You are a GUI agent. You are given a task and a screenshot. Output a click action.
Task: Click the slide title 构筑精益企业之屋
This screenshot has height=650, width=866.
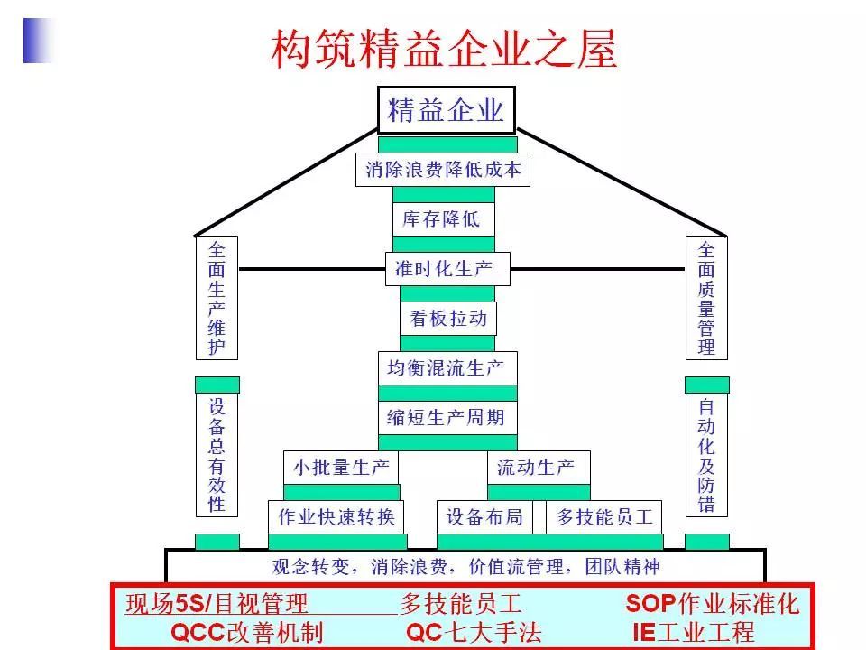pos(445,49)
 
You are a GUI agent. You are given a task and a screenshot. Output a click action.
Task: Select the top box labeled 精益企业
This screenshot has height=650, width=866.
pos(446,110)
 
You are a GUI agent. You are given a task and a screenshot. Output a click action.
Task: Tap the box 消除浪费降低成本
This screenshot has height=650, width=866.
pos(443,169)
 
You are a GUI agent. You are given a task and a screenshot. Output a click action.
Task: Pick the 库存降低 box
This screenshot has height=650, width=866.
pos(442,219)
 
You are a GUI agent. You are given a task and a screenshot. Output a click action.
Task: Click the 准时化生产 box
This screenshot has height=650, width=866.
pos(447,268)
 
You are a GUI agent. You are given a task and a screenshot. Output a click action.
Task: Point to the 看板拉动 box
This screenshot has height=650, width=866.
pos(448,318)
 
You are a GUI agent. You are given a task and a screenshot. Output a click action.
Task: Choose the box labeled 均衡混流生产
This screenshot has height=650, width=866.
pos(447,368)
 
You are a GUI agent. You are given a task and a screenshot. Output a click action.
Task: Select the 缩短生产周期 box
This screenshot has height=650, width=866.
pos(447,418)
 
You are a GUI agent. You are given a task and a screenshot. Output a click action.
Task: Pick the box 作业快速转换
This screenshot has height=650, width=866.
pos(336,517)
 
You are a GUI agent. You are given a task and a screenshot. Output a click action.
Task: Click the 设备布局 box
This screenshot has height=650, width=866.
pos(484,517)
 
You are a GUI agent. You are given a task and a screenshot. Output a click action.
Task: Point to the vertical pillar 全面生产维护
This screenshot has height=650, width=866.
pos(217,298)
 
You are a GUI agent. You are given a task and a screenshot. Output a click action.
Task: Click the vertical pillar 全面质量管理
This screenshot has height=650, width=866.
pos(706,298)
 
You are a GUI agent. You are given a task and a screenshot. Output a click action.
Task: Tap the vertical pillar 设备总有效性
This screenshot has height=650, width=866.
pos(217,455)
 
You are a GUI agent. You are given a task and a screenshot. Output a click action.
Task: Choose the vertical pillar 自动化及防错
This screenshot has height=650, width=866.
pos(706,455)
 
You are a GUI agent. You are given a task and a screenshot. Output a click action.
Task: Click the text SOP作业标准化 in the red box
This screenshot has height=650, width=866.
pos(713,603)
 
